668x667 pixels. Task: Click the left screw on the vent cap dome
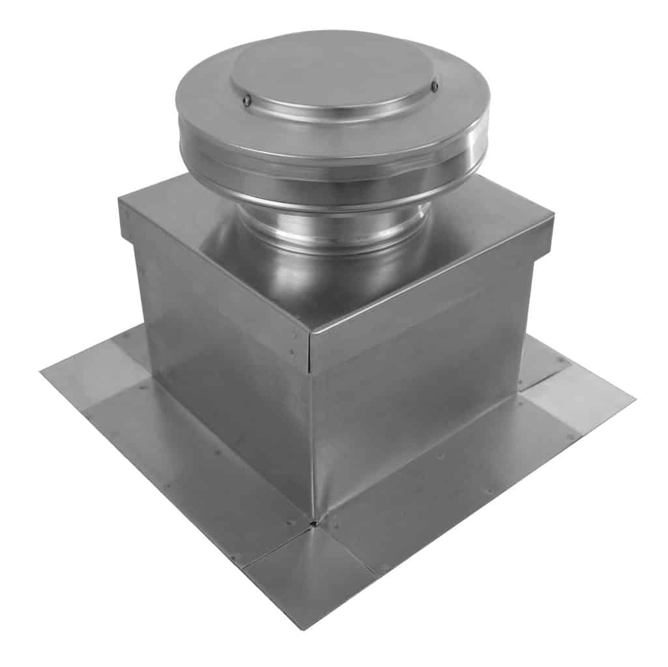[x=247, y=100]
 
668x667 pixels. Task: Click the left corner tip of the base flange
[x=41, y=371]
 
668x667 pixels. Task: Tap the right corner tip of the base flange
[x=633, y=395]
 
